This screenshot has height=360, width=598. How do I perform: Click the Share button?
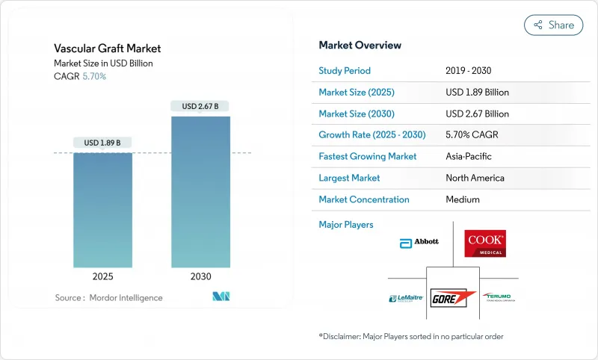pos(554,25)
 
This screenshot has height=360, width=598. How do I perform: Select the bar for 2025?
pos(103,210)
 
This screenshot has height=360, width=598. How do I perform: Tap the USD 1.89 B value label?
pos(103,143)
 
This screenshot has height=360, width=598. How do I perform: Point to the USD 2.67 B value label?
pos(200,106)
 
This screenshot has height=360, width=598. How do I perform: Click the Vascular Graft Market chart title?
pos(108,49)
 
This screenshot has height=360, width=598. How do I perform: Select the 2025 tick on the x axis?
pos(103,276)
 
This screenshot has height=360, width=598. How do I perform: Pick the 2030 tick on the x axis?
pos(200,276)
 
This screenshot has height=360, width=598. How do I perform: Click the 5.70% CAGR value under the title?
pos(93,76)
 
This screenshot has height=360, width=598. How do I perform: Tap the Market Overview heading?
pos(360,45)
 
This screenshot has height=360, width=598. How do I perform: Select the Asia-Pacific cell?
pos(468,157)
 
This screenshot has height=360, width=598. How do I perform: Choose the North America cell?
pos(474,178)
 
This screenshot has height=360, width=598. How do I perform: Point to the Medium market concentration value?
pos(462,199)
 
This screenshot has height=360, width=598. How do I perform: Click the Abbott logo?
pos(419,242)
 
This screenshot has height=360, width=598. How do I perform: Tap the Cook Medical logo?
pos(485,243)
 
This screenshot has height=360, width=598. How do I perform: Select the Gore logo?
pos(453,296)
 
